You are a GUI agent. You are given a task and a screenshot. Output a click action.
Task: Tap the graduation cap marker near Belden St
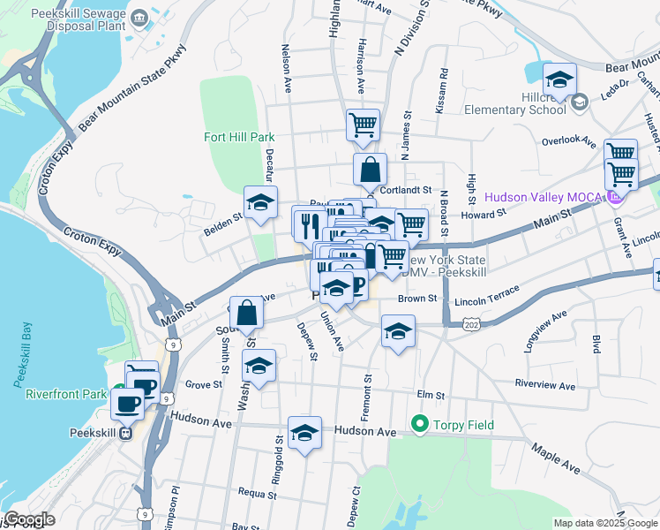[x=260, y=203]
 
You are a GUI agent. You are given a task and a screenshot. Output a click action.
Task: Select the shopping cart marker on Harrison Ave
[x=363, y=125]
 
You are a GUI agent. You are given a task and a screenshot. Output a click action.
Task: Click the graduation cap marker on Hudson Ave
[x=304, y=433]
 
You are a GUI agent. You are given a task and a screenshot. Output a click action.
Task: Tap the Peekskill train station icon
[x=126, y=433]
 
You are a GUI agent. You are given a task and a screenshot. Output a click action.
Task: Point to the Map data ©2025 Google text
[x=604, y=523]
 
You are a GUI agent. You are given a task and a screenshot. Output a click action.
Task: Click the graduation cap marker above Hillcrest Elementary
[x=559, y=80]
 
